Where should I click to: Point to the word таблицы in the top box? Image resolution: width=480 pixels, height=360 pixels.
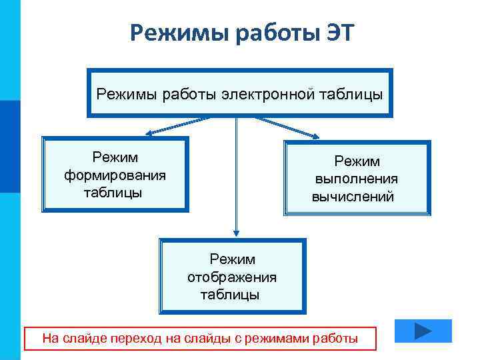350,93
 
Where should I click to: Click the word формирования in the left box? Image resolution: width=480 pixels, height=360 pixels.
115,175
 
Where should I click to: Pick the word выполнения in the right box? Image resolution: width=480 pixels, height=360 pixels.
357,179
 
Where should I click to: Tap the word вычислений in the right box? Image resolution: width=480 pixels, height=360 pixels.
353,197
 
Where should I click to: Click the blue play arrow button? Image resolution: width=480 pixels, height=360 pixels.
423,331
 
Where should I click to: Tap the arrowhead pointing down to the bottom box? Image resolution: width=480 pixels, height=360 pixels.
236,231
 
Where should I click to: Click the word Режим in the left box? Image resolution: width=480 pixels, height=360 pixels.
115,158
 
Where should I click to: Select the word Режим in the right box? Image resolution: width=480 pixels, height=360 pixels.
357,161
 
